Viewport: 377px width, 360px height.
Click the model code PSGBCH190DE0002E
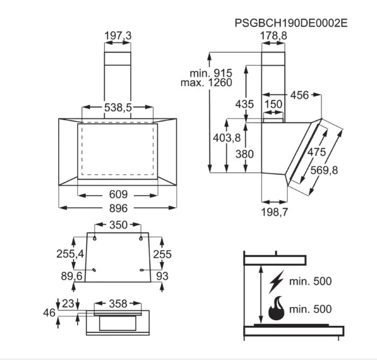(291, 23)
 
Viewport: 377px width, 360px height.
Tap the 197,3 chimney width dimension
(118, 35)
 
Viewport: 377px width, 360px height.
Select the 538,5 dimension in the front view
(118, 107)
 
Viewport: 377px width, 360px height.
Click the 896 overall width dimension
(118, 208)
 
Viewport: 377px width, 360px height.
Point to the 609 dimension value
(118, 195)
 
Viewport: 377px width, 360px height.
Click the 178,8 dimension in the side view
(273, 35)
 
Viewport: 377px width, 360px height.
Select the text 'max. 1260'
(206, 83)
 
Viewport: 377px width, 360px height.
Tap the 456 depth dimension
(299, 95)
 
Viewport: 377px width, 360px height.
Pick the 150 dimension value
(273, 104)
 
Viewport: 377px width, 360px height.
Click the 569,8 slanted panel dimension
(324, 171)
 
